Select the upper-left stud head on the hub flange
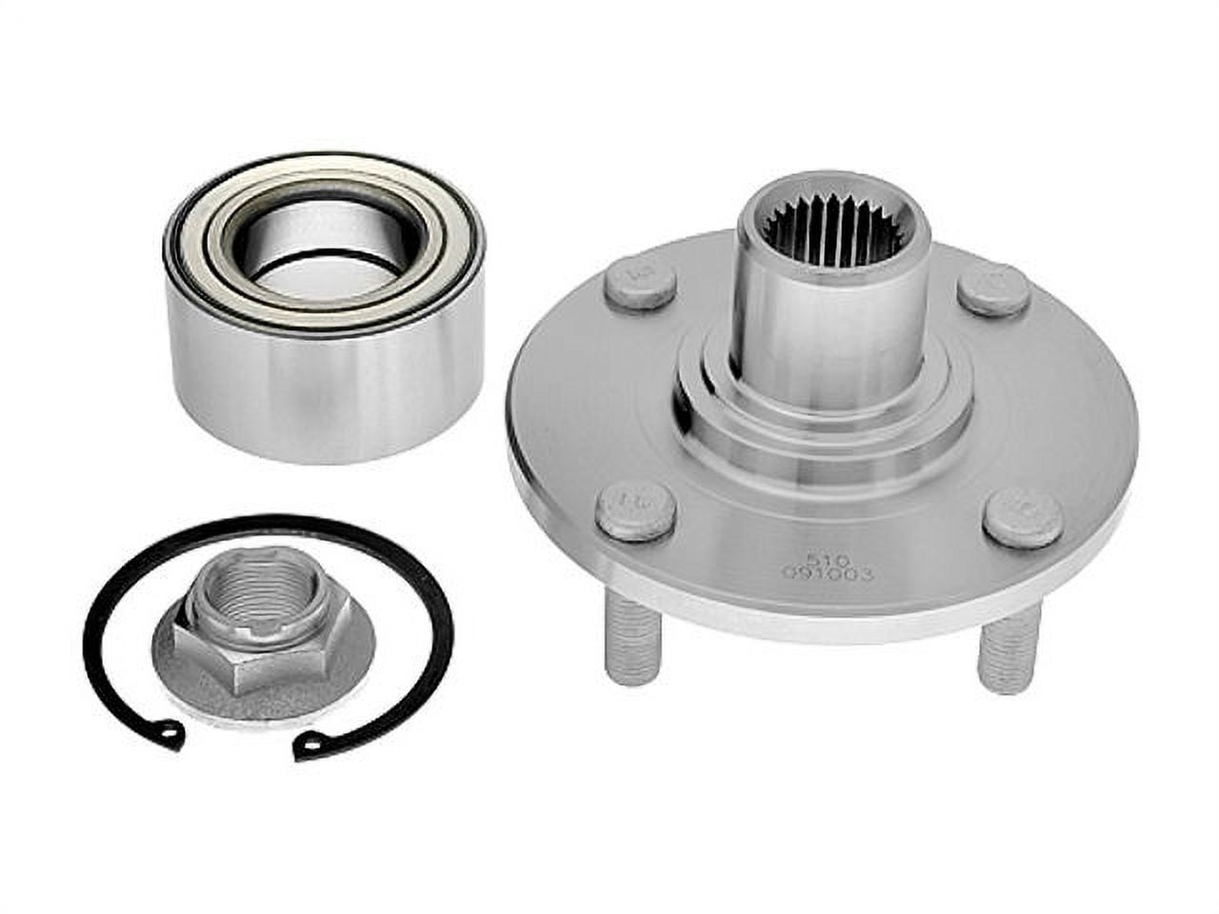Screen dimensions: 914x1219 coord(639,281)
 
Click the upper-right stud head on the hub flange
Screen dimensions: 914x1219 coord(993,288)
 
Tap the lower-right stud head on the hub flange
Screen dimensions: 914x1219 coord(1023,517)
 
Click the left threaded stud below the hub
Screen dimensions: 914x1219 coord(632,647)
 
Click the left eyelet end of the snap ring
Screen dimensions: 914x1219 coord(170,735)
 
